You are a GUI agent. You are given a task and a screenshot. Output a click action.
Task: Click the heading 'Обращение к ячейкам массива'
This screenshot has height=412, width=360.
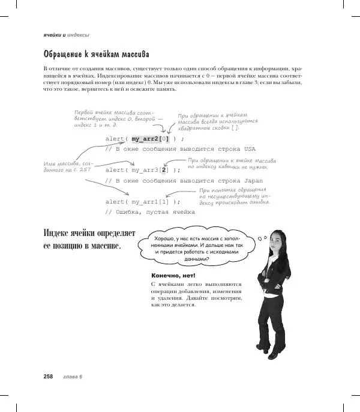click(96, 55)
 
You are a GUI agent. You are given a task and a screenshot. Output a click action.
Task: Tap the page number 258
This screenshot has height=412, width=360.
click(48, 377)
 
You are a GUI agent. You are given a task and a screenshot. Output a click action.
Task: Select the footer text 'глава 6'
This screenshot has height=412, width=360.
click(72, 377)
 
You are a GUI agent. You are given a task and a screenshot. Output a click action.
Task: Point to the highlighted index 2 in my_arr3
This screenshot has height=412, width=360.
click(164, 170)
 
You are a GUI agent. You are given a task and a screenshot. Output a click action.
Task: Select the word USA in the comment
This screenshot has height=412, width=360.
click(250, 148)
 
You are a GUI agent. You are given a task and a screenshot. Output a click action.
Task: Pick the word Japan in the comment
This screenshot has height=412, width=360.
click(251, 180)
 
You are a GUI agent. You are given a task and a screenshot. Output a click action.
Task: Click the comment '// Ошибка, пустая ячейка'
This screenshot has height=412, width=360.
click(150, 212)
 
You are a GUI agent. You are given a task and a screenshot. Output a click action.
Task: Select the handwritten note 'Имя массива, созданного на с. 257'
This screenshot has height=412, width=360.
click(68, 166)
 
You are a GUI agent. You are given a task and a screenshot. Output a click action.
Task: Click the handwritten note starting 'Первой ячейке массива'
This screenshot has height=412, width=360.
click(114, 118)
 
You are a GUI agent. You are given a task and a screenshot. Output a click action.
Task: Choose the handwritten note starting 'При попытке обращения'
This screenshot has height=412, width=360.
click(235, 196)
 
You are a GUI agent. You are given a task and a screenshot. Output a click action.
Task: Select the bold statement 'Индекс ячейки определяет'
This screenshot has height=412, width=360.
click(91, 233)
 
